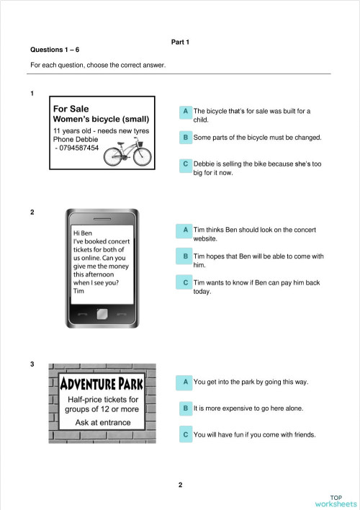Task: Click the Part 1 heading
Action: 180,42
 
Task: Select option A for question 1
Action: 186,112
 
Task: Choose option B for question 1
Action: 186,137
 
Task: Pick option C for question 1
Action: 186,164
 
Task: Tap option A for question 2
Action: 186,230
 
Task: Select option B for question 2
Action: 186,256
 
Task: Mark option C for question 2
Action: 186,283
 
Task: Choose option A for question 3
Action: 186,382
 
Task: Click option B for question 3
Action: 186,408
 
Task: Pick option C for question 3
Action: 186,435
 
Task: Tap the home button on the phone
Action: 102,314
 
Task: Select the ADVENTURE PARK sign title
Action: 102,382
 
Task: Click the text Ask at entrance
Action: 103,422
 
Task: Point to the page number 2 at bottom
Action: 180,485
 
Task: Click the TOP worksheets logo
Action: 336,501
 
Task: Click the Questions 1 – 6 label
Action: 55,50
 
